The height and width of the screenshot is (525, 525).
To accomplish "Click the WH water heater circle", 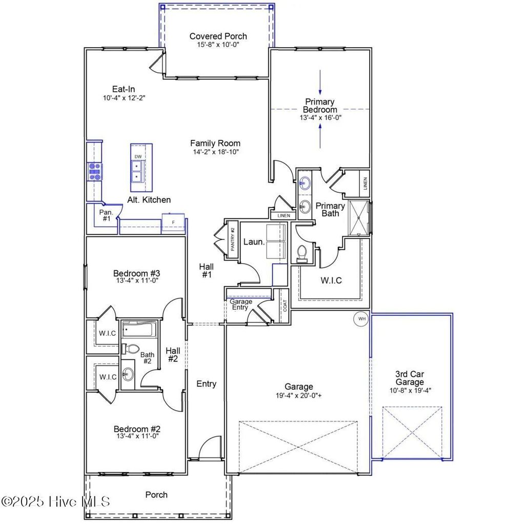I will (362, 319).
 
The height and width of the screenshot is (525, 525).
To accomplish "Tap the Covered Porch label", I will (218, 36).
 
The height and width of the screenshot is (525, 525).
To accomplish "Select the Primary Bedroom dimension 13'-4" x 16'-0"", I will (320, 117).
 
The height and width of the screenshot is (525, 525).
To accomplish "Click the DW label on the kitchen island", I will (138, 156).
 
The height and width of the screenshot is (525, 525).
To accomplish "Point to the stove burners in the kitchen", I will (94, 172).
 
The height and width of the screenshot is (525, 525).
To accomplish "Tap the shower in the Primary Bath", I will (359, 217).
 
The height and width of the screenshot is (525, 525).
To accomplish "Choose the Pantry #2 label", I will (232, 238).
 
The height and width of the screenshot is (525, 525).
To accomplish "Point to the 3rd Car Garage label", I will (410, 378).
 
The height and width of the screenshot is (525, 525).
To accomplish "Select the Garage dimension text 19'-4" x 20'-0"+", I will (299, 395).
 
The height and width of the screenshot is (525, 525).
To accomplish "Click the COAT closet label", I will (285, 306).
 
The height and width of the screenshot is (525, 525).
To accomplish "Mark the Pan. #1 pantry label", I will (106, 215).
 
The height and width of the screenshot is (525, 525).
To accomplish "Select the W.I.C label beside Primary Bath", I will (331, 280).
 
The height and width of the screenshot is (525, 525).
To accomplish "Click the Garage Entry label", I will (240, 305).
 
